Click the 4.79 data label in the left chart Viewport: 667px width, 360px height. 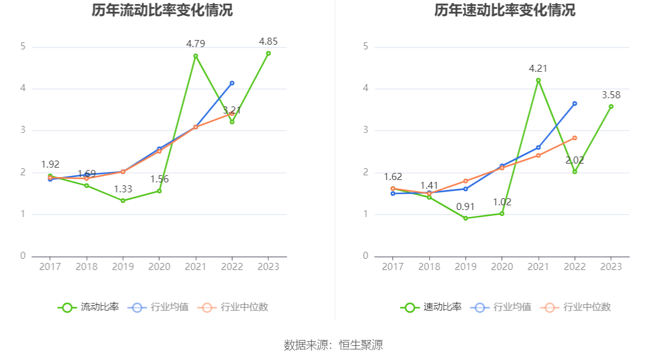click(x=195, y=44)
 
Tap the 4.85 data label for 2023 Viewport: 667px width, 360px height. click(x=268, y=41)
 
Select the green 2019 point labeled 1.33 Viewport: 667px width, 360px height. click(x=123, y=201)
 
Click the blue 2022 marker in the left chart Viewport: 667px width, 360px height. click(x=232, y=83)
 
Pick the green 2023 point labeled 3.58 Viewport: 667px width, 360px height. click(x=611, y=106)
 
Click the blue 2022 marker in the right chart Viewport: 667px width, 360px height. click(x=575, y=104)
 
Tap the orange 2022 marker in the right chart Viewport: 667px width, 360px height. click(x=575, y=138)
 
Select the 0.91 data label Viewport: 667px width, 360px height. click(x=465, y=206)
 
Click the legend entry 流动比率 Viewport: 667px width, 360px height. click(x=88, y=307)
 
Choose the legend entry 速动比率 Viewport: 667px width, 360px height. click(x=431, y=307)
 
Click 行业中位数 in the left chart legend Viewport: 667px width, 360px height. click(x=233, y=307)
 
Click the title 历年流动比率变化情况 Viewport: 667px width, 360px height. click(x=162, y=11)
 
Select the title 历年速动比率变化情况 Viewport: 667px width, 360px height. click(x=505, y=11)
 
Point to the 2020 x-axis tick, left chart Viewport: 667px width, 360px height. click(x=159, y=266)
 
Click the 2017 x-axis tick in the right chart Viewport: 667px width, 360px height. click(x=393, y=266)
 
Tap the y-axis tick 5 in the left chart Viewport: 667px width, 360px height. click(x=23, y=46)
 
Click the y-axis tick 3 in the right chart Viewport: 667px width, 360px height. click(x=366, y=131)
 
